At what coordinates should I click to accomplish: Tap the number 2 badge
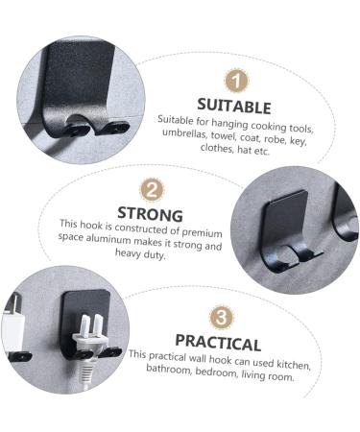[151, 189]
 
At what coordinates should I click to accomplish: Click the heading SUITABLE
[234, 107]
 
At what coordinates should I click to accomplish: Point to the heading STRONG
[150, 212]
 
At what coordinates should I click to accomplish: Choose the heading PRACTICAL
[218, 343]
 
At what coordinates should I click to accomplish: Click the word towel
[233, 135]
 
